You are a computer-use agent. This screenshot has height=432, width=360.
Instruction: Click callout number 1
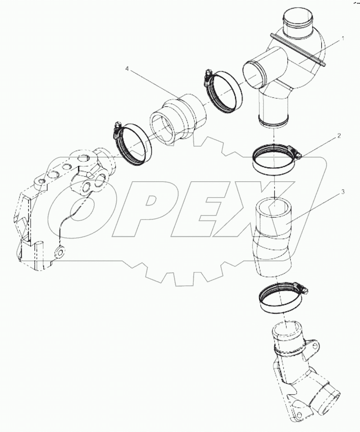pos(343,39)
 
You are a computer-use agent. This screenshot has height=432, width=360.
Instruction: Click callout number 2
pos(339,136)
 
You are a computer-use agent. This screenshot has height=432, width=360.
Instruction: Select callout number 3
pos(343,192)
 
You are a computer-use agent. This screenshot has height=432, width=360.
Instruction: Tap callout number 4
pos(127,69)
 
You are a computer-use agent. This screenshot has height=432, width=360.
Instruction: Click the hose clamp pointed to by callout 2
pos(275,159)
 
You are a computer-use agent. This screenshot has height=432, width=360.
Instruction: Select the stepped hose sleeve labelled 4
pos(178,120)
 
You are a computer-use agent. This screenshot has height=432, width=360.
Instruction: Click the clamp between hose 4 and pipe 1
pos(223,92)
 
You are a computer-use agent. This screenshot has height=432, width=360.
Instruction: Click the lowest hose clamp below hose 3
pos(282,298)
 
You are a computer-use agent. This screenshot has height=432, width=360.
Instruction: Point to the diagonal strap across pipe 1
pos(298,50)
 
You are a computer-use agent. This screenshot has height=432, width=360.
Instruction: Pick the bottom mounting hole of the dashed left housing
pos(60,251)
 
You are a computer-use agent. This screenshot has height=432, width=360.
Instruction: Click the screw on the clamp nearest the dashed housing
pos(117,129)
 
